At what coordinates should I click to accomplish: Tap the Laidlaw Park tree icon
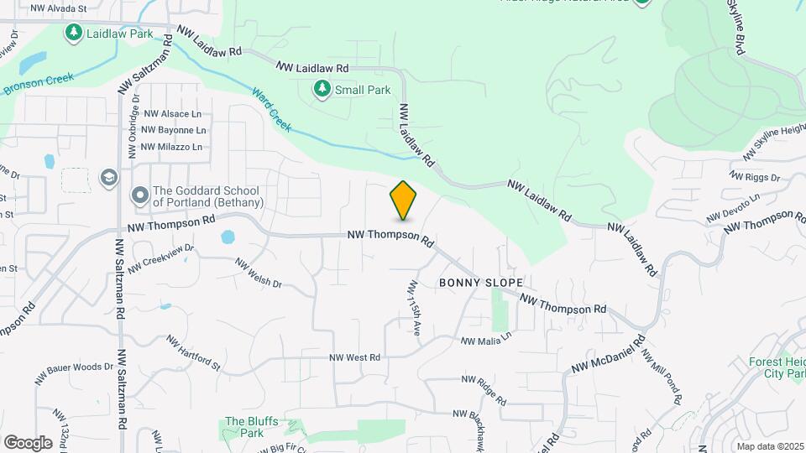point(74,33)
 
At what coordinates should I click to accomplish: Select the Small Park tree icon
point(322,89)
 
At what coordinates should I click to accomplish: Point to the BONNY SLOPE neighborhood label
point(481,284)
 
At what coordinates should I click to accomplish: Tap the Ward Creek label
point(270,108)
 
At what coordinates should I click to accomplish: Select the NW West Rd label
point(355,357)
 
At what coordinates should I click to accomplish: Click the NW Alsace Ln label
point(173,113)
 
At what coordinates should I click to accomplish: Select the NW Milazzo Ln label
point(172,147)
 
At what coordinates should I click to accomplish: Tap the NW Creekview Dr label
point(161,253)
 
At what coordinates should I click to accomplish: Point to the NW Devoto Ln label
point(733,206)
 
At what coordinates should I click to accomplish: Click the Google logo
point(28,442)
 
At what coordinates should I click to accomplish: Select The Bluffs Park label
point(245,427)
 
